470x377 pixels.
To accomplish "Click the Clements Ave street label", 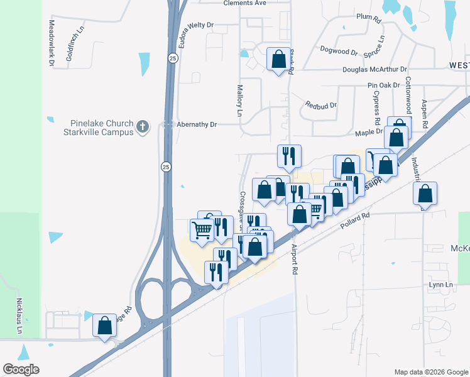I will click(x=245, y=3).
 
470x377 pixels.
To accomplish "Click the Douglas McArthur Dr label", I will click(x=375, y=69).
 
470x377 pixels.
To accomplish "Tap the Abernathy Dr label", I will click(x=196, y=124).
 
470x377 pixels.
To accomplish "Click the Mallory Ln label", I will click(x=239, y=101).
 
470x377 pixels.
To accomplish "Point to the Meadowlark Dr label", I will click(x=51, y=43).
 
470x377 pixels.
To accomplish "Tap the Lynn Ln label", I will click(x=440, y=285).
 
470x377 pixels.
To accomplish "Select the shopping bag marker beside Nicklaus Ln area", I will click(x=105, y=325).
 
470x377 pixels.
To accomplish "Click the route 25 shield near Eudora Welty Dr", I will click(x=172, y=58).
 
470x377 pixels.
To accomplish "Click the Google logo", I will click(x=21, y=369).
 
